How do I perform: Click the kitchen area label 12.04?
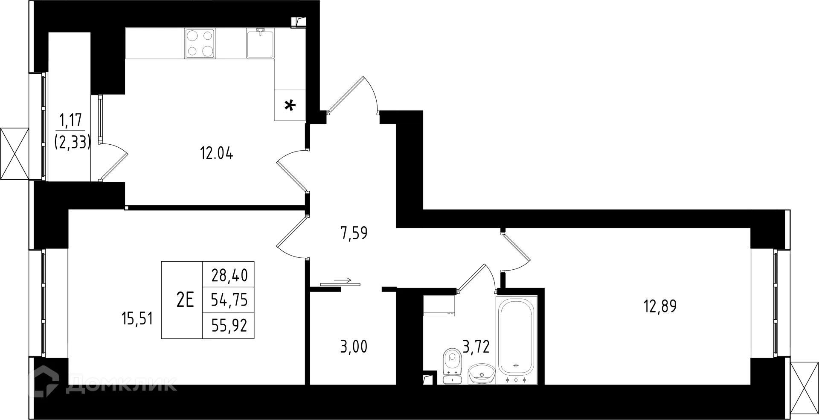tap(217, 153)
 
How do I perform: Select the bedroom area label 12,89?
tap(660, 306)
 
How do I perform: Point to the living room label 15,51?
tap(137, 319)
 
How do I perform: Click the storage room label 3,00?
tap(354, 347)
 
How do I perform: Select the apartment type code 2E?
tap(185, 300)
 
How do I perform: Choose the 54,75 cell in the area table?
tap(229, 300)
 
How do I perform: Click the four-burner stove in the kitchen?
tap(200, 43)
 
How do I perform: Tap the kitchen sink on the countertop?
tap(261, 43)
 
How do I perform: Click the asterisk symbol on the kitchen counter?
tap(290, 105)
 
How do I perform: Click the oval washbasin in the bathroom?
tap(482, 374)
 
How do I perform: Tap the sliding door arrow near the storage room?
tap(342, 280)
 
